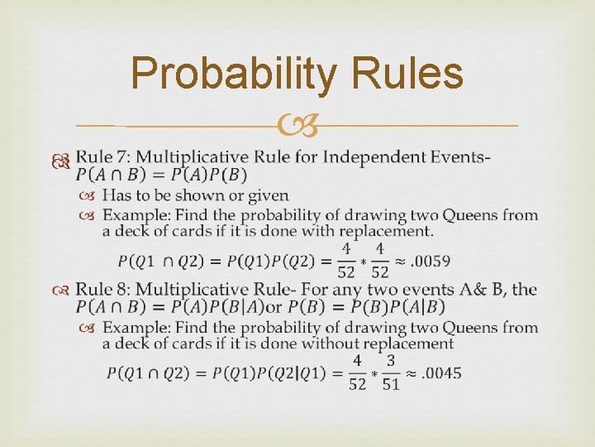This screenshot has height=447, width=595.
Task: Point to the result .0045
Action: click(441, 372)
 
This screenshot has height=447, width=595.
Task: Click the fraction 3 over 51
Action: click(391, 372)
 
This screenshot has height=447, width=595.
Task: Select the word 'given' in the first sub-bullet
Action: click(267, 196)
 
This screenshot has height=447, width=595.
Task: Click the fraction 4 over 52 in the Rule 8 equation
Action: click(357, 372)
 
